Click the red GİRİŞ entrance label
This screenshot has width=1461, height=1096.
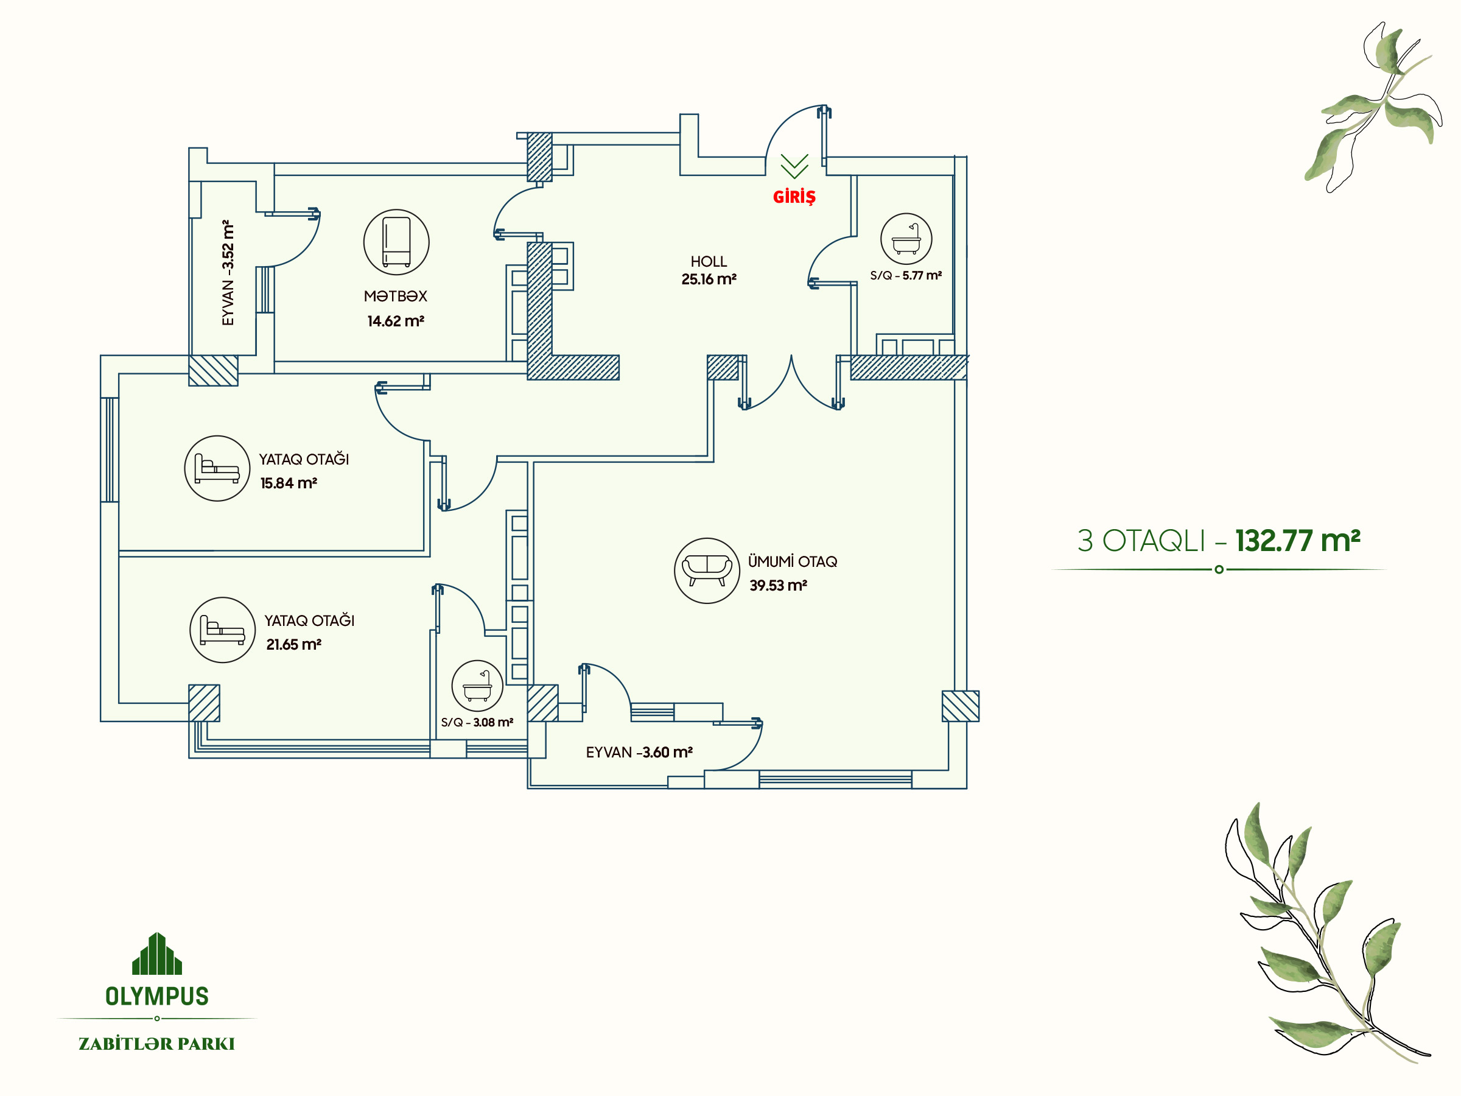coord(794,196)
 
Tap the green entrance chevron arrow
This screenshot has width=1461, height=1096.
coord(794,166)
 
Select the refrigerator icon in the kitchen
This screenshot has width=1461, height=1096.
coord(396,242)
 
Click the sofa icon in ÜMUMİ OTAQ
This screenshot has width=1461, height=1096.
coord(707,570)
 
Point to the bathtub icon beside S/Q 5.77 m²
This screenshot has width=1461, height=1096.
coord(906,239)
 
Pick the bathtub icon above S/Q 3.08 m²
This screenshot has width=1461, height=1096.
coord(477,686)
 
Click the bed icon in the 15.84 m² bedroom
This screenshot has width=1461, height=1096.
coord(217,468)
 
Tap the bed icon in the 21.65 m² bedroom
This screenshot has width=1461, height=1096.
coord(223,630)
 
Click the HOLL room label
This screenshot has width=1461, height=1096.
coord(709,262)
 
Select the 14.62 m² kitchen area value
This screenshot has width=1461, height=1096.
coord(396,321)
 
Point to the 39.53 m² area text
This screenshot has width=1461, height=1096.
coord(778,585)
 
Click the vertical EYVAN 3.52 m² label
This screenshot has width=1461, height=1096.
coord(228,272)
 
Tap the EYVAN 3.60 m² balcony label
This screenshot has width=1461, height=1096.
coord(639,752)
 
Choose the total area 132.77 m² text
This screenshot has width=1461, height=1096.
coord(1298,541)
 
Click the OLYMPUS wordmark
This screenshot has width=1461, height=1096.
coord(157,996)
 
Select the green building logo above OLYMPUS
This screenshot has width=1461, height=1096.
coord(157,954)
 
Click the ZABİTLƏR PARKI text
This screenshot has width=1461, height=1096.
coord(156,1044)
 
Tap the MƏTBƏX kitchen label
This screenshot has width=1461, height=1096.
coord(396,296)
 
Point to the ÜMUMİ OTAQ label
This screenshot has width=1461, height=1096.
coord(793,561)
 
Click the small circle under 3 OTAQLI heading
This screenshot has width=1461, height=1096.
coord(1219,569)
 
